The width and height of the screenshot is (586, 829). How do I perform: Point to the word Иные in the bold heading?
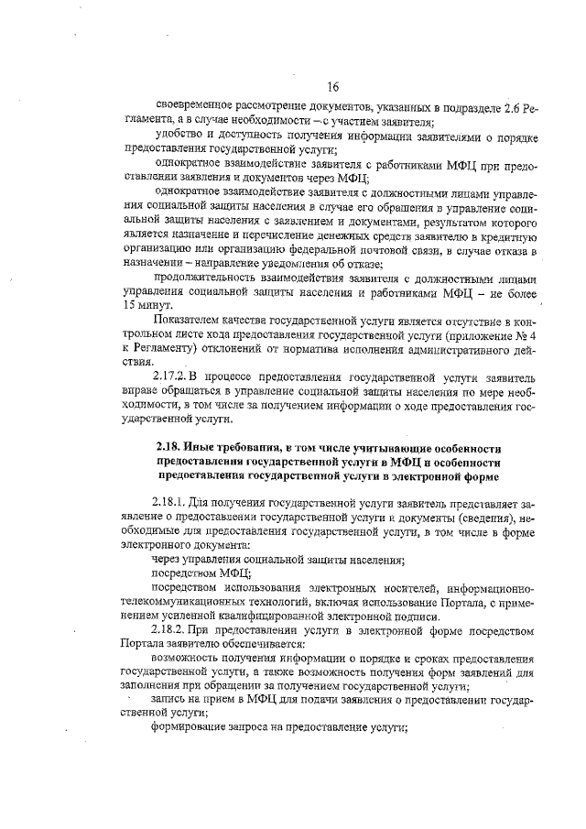[202, 446]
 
